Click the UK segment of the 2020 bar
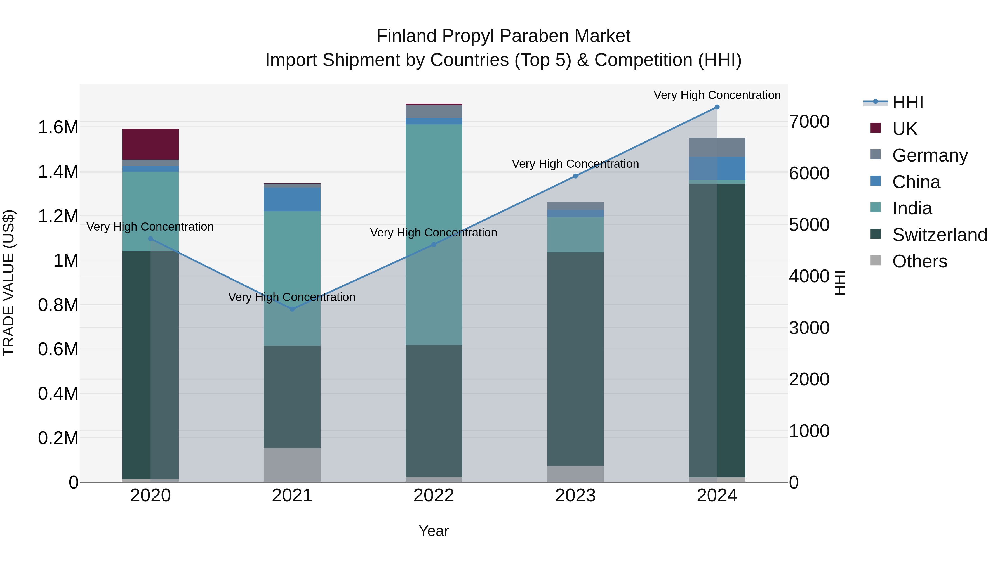pos(150,144)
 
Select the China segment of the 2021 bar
pos(292,199)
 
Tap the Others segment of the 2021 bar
pos(292,465)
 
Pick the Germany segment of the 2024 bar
pos(717,147)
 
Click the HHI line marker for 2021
pos(292,309)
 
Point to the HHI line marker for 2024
pos(717,107)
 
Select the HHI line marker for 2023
pos(575,176)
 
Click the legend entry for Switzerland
pos(939,235)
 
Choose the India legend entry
pos(912,208)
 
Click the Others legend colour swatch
pos(876,260)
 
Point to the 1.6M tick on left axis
pos(58,127)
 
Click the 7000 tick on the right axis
pos(809,122)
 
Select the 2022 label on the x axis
pos(434,496)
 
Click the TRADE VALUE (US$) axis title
pos(9,283)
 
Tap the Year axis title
pos(434,531)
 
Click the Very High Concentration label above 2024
pos(717,95)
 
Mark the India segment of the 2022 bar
pos(434,235)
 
